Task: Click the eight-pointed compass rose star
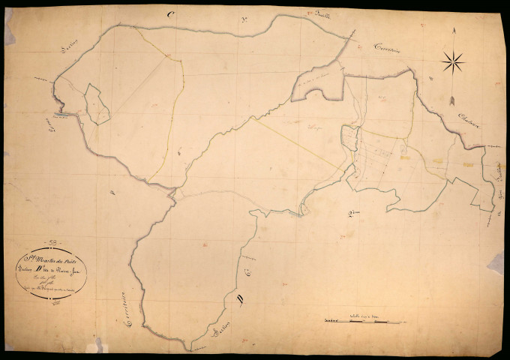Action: pos(453,61)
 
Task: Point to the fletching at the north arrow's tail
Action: pos(452,99)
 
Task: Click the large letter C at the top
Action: pos(171,13)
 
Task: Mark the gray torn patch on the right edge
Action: pos(496,262)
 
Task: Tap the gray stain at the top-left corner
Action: pos(9,30)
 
